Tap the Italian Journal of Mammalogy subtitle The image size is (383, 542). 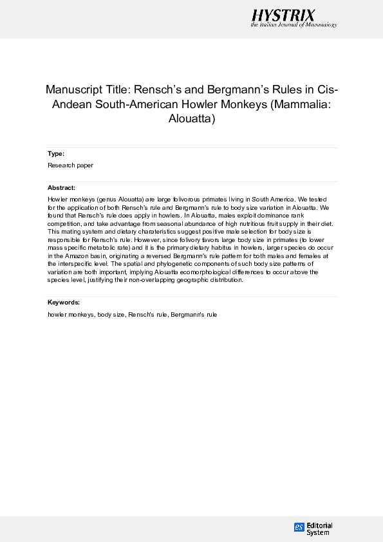294,25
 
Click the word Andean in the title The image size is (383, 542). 68,104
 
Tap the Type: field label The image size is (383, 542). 56,154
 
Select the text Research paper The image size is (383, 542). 70,165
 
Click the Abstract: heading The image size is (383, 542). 62,187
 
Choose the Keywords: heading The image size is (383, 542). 64,302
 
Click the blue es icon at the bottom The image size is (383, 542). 299,527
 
